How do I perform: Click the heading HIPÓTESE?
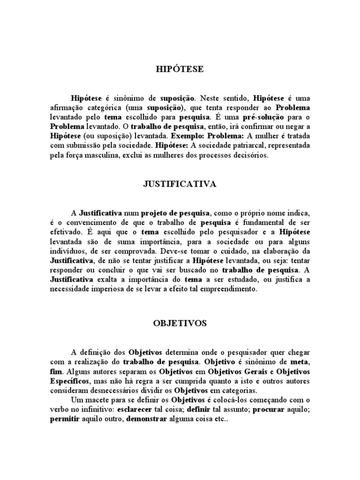pos(180,69)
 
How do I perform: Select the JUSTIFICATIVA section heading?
pos(180,184)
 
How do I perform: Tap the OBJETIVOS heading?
pos(180,323)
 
